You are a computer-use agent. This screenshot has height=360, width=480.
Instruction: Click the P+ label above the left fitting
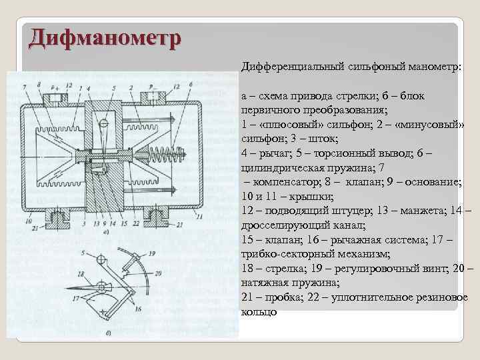67,87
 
